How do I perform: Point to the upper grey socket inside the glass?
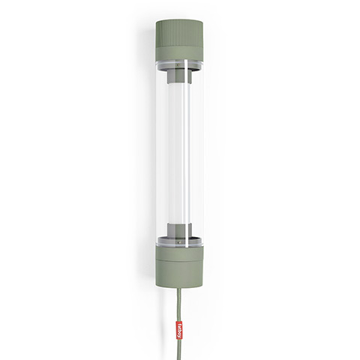point(180,77)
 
